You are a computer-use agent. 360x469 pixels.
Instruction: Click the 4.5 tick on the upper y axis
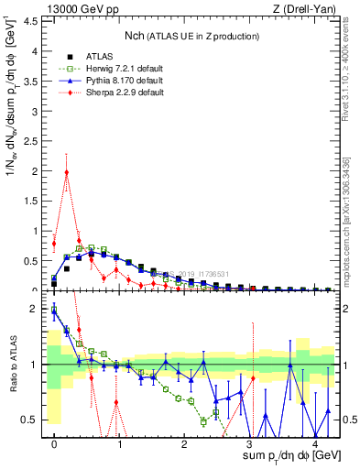(x=34, y=20)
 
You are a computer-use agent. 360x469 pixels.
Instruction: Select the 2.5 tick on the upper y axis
(x=34, y=140)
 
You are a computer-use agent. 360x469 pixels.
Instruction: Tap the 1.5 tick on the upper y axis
(x=34, y=201)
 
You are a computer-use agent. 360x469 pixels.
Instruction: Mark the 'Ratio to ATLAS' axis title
(x=14, y=365)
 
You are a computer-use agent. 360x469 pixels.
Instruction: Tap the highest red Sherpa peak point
(x=67, y=171)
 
